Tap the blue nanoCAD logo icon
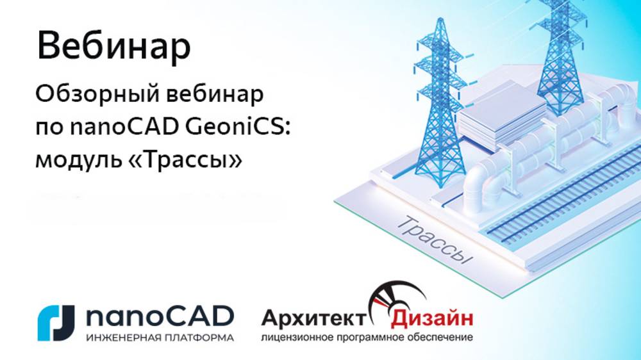[x=57, y=323]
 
